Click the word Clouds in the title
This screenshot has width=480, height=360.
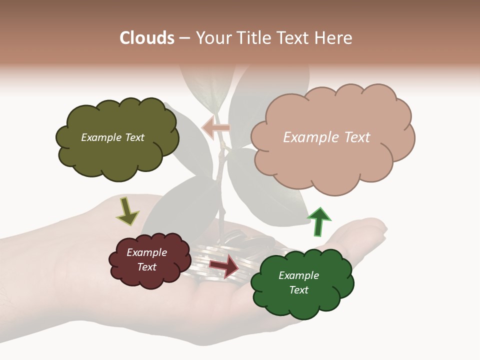click(x=146, y=38)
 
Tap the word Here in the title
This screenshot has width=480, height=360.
click(x=334, y=38)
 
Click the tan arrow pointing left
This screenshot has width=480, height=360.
click(x=216, y=128)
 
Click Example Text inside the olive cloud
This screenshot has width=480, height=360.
click(x=112, y=137)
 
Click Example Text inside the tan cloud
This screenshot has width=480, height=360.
click(x=326, y=137)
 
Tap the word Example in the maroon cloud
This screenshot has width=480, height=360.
click(x=146, y=252)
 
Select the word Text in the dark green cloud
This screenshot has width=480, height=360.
click(x=298, y=290)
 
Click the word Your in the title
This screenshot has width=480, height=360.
click(x=210, y=38)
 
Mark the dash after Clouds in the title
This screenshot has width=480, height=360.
click(x=184, y=38)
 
